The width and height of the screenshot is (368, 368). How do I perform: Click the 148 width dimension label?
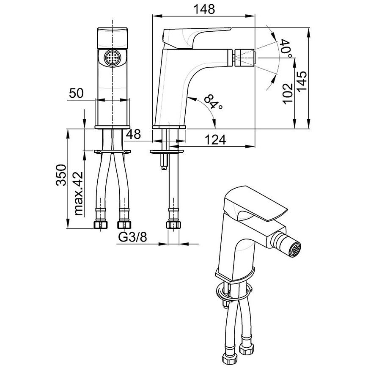pyautogui.click(x=204, y=9)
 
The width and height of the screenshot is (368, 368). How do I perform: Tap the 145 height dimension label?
pyautogui.click(x=302, y=81)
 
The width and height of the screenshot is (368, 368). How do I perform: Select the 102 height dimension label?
pyautogui.click(x=288, y=93)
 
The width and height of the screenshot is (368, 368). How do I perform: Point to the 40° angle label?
pyautogui.click(x=286, y=49)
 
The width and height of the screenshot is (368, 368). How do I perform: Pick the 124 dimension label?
pyautogui.click(x=215, y=140)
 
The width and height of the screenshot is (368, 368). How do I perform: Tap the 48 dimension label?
pyautogui.click(x=133, y=134)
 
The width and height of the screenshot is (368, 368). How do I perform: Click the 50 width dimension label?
pyautogui.click(x=76, y=93)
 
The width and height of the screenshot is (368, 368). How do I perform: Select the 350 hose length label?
pyautogui.click(x=61, y=175)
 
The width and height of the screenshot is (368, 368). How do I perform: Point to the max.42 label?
pyautogui.click(x=78, y=194)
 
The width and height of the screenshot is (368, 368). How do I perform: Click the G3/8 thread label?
pyautogui.click(x=132, y=237)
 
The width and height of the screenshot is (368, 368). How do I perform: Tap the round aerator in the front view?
pyautogui.click(x=113, y=57)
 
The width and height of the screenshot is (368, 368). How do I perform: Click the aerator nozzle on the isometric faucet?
pyautogui.click(x=295, y=250)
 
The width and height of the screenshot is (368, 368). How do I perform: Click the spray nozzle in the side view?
pyautogui.click(x=244, y=58)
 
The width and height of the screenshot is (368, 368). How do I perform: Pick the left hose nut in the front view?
pyautogui.click(x=100, y=225)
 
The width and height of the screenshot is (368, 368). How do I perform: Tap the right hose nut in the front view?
pyautogui.click(x=124, y=225)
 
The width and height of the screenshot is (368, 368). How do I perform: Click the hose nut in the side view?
pyautogui.click(x=174, y=225)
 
